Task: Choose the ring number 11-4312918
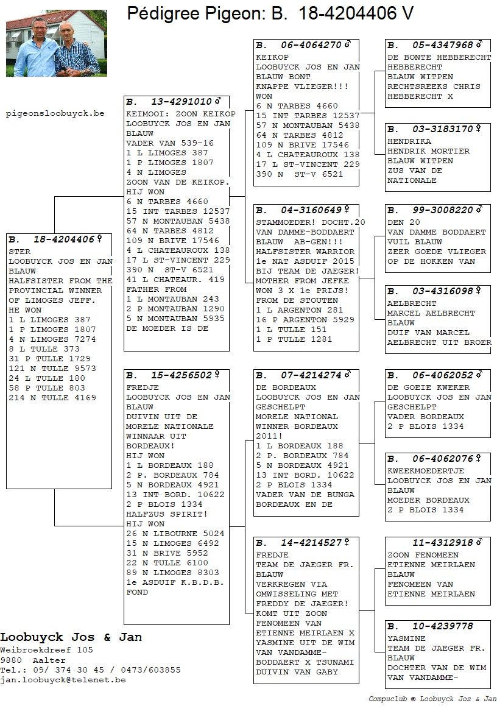(443, 543)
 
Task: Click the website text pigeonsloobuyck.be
(55, 113)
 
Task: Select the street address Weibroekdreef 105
(46, 650)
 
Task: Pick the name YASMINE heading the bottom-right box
(407, 638)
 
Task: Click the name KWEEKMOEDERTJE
(425, 471)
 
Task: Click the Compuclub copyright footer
(432, 699)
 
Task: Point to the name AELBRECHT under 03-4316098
(412, 303)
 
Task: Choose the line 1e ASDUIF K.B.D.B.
(175, 582)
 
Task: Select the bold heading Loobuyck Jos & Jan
(71, 637)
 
